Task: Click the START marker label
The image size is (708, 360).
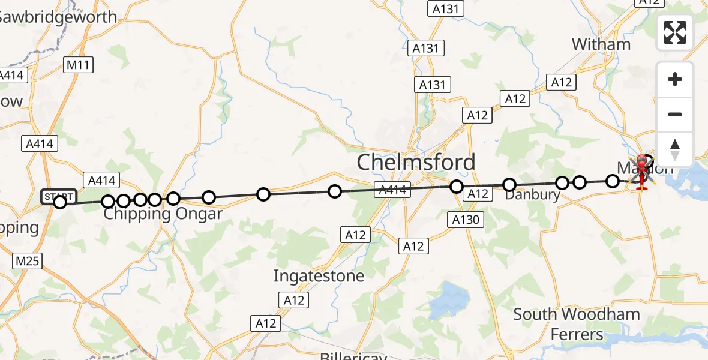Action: click(58, 196)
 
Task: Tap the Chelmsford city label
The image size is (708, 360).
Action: click(416, 162)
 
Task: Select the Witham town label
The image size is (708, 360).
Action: click(601, 44)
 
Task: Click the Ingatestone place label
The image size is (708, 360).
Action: click(319, 276)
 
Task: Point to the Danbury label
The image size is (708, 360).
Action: click(532, 196)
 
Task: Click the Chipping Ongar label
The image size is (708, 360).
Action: click(163, 214)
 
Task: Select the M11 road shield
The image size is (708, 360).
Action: click(79, 65)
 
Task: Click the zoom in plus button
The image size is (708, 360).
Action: click(675, 79)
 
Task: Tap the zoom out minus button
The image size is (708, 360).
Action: click(675, 114)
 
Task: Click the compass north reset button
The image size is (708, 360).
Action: click(675, 149)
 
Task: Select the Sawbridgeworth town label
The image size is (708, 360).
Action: click(57, 17)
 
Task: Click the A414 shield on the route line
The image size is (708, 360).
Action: click(392, 191)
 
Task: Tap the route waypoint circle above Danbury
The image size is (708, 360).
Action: click(509, 184)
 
